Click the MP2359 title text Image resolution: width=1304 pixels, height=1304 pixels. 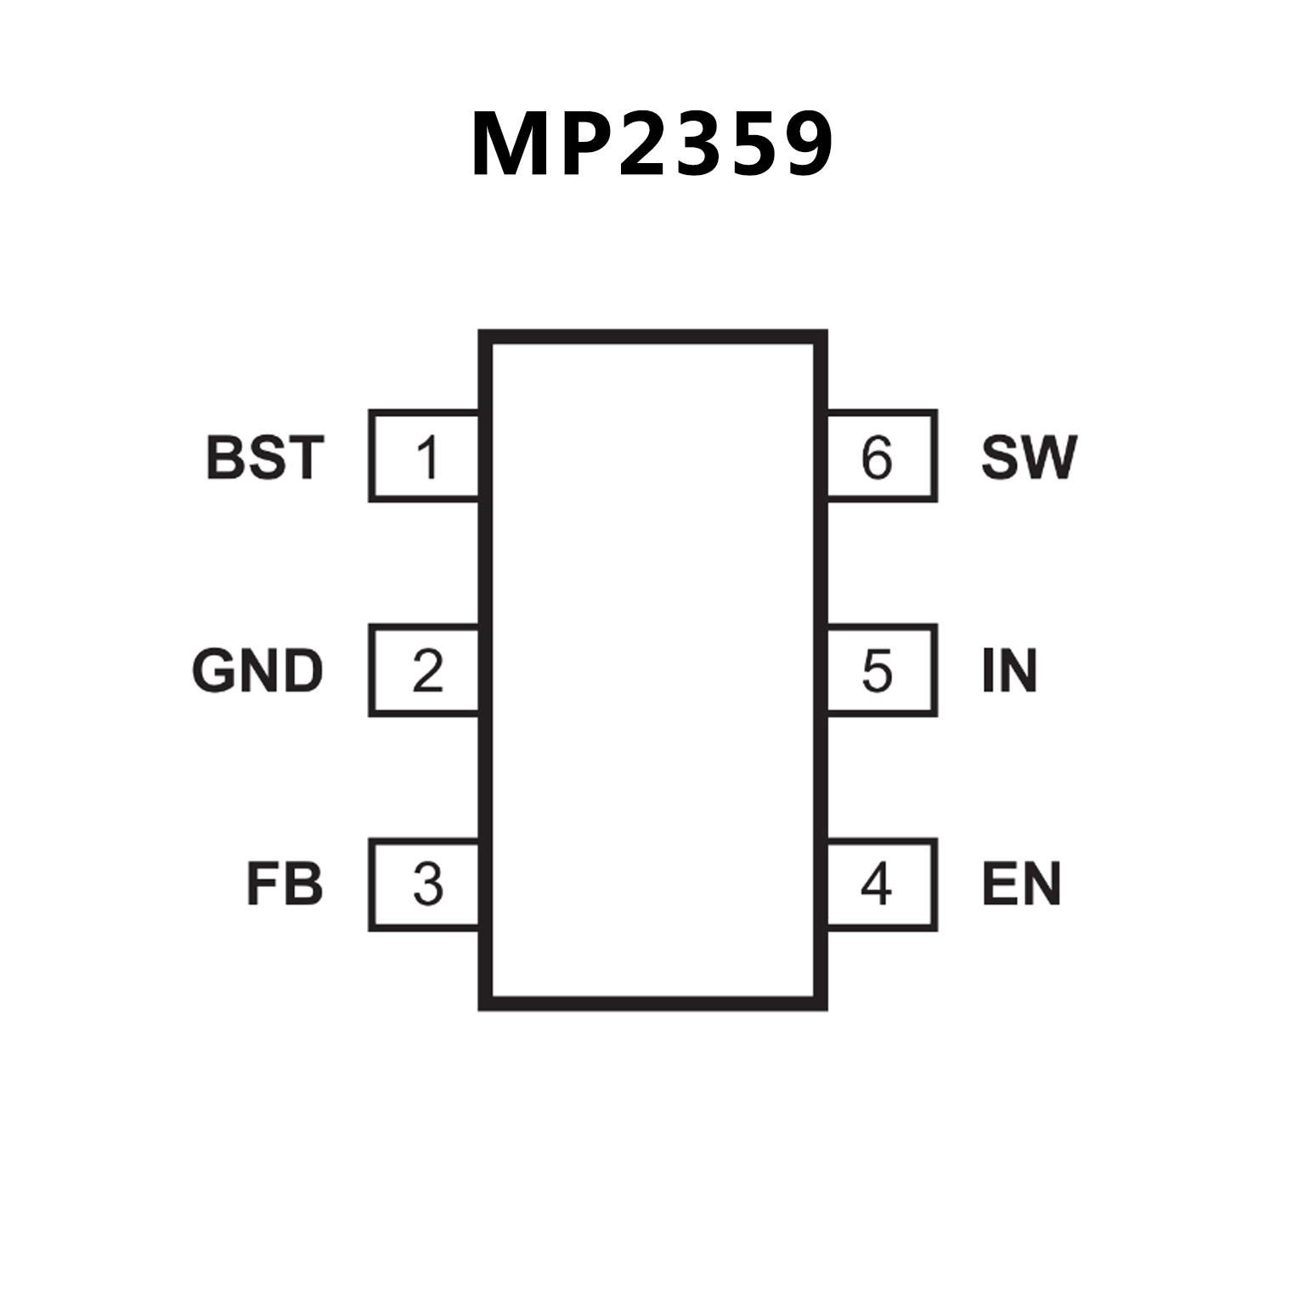tap(652, 145)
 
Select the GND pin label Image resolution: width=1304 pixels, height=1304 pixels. tap(258, 671)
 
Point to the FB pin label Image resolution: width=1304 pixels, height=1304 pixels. tap(285, 884)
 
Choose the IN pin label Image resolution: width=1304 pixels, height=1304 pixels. tap(1009, 671)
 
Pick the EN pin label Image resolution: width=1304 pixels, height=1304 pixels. tap(1021, 884)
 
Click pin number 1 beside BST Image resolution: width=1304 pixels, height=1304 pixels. tap(427, 457)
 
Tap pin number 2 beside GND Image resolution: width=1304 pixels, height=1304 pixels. tap(427, 671)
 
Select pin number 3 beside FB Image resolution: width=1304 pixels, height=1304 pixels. tap(427, 884)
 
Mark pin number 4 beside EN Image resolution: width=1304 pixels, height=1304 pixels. tap(876, 884)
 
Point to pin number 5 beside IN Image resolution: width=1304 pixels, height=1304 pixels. tap(877, 671)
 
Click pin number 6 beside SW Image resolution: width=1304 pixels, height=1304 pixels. tap(877, 457)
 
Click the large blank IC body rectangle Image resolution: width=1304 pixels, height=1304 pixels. tap(652, 670)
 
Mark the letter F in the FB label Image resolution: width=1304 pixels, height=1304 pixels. tap(262, 884)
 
